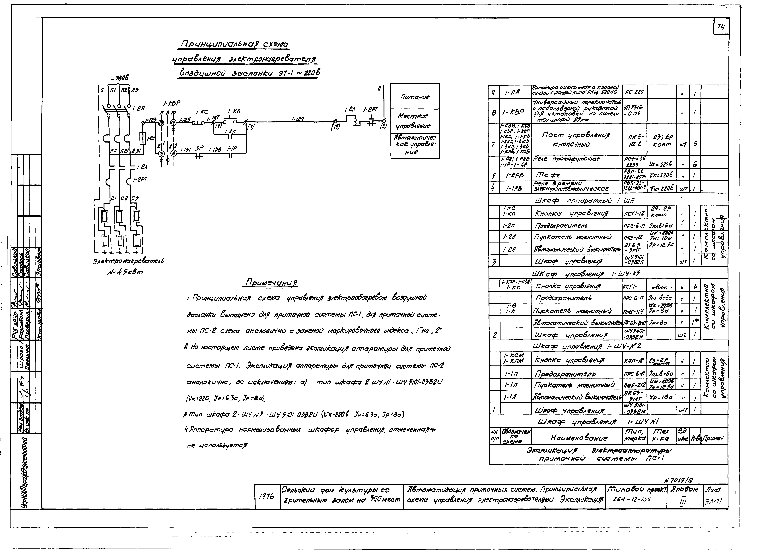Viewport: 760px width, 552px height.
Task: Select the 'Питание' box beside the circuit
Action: coord(415,97)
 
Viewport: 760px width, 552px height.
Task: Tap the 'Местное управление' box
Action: coord(415,121)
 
